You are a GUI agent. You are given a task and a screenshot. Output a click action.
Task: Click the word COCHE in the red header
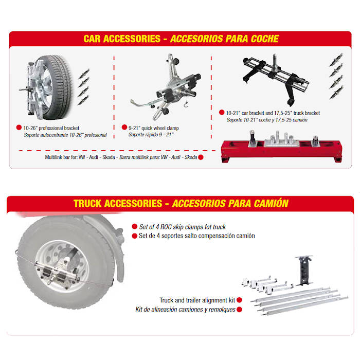pos(265,39)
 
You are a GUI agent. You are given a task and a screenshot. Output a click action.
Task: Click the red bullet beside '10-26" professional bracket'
pos(19,128)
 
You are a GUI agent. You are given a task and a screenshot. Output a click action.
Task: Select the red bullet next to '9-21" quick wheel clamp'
pos(124,127)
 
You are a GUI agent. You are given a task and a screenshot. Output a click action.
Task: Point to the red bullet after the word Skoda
pos(201,157)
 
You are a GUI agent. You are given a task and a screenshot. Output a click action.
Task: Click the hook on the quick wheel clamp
pos(186,104)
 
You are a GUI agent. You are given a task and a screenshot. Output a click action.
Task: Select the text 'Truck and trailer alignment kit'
pos(197,300)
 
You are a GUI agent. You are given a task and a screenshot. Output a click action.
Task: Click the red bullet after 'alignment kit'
pos(239,300)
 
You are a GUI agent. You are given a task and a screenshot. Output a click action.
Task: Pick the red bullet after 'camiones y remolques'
pos(239,310)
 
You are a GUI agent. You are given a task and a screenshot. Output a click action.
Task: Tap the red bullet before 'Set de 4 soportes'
pos(135,236)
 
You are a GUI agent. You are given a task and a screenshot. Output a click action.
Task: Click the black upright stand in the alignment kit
pos(304,271)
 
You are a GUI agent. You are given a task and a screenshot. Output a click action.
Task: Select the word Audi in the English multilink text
pos(94,157)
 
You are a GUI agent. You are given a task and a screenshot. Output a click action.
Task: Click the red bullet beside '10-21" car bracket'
pos(222,112)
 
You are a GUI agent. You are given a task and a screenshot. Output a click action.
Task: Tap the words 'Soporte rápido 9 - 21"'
pos(151,135)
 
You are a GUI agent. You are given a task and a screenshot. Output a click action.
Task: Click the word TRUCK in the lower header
pos(87,204)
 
